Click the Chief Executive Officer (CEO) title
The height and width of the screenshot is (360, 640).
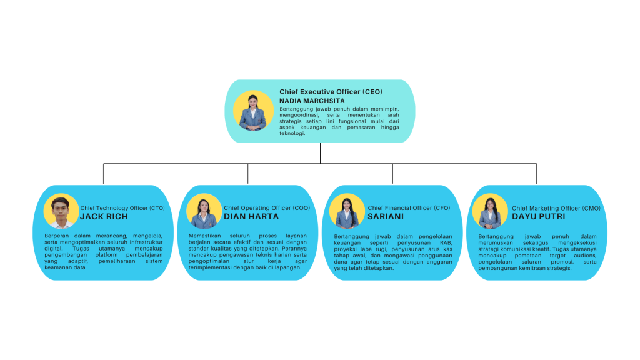(331, 92)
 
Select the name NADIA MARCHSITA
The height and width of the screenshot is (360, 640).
(312, 101)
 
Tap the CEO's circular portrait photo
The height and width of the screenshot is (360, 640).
(254, 111)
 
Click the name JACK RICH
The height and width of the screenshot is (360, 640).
(104, 217)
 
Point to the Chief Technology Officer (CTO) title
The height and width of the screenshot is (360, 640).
(122, 208)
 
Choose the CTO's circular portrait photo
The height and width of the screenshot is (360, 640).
(61, 211)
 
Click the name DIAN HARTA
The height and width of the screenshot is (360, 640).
(251, 217)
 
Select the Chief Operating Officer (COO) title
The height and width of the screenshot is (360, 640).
(267, 208)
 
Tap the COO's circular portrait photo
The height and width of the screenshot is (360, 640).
(204, 211)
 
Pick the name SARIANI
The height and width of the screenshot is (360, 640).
(386, 217)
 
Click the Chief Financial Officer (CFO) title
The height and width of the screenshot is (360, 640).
(409, 208)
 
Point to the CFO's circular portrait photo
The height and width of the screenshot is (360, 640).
(347, 211)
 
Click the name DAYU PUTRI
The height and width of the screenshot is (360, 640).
(539, 217)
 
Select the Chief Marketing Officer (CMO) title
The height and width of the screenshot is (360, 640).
(556, 209)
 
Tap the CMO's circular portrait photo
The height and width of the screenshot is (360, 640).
(490, 211)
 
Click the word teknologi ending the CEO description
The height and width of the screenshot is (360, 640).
(292, 134)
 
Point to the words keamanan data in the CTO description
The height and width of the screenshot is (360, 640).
(65, 267)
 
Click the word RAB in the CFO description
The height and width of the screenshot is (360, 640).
(446, 243)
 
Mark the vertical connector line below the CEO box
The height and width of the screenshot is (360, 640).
(321, 153)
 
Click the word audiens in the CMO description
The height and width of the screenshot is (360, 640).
(585, 256)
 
